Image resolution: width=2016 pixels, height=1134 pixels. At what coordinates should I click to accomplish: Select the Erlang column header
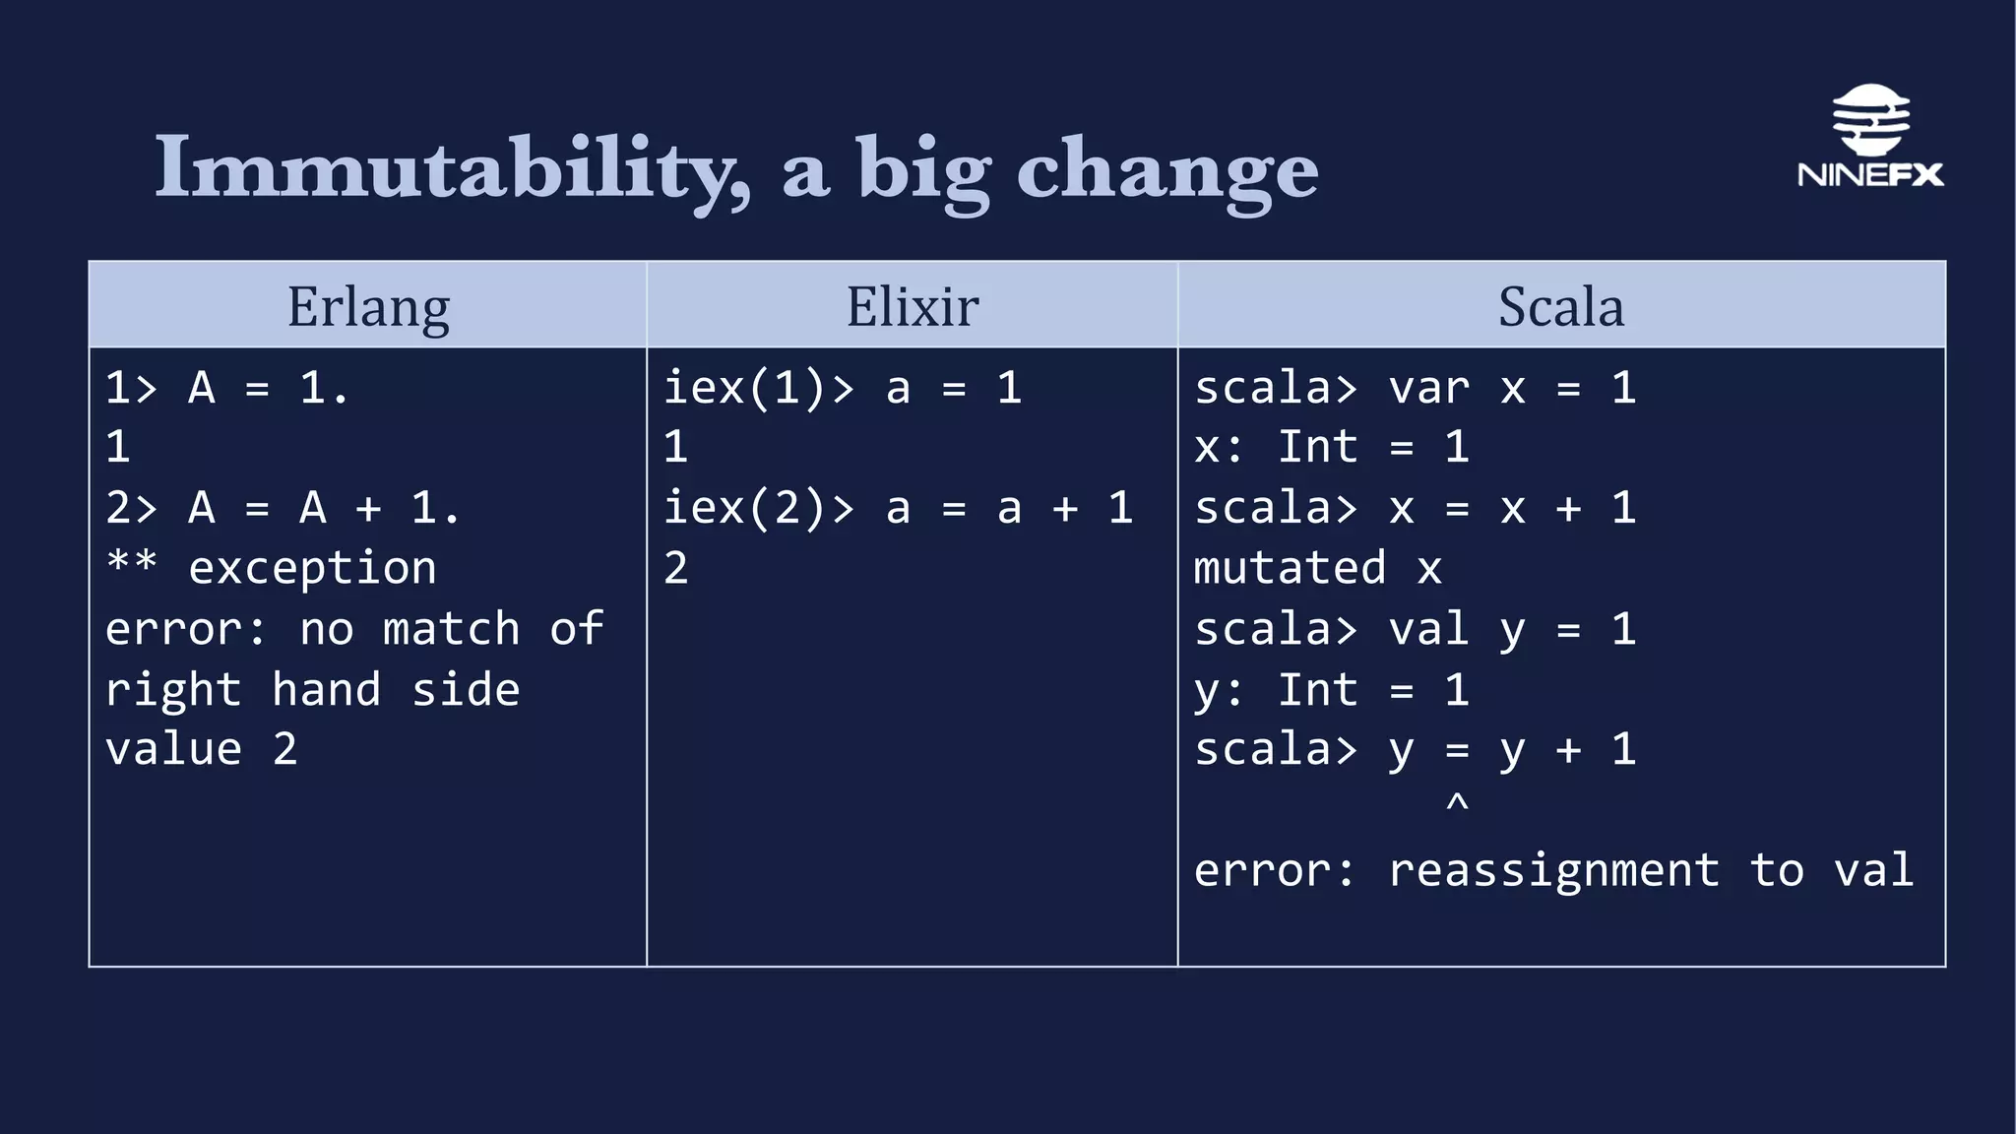point(368,306)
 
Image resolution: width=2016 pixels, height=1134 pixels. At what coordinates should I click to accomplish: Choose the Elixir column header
point(913,306)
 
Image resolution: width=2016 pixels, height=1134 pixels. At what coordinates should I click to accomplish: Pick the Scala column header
point(1561,306)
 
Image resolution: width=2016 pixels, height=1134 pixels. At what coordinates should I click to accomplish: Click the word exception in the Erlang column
point(312,569)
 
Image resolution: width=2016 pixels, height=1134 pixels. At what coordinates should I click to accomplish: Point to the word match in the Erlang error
point(451,629)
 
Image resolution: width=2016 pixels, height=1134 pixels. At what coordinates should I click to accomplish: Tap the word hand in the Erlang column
point(326,689)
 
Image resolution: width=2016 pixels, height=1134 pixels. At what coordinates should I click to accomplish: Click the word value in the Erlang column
point(173,749)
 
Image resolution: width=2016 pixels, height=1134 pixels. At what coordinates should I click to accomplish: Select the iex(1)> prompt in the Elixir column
point(758,388)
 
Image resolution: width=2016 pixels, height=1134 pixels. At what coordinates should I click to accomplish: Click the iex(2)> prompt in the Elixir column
point(758,509)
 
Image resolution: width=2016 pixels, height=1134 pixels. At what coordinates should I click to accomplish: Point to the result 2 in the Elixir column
point(675,569)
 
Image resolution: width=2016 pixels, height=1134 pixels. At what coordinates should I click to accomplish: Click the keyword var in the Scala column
point(1428,388)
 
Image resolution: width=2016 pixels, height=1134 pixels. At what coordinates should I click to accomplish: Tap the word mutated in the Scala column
point(1290,569)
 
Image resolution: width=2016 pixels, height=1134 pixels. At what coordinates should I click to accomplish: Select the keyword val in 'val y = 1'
point(1428,629)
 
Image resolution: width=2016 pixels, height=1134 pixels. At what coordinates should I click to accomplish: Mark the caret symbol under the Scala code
point(1457,803)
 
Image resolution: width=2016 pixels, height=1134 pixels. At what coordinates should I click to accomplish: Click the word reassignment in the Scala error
point(1553,870)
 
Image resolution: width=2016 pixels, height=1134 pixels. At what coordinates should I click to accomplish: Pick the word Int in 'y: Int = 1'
point(1317,689)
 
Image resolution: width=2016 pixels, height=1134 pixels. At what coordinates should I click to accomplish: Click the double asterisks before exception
point(131,563)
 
